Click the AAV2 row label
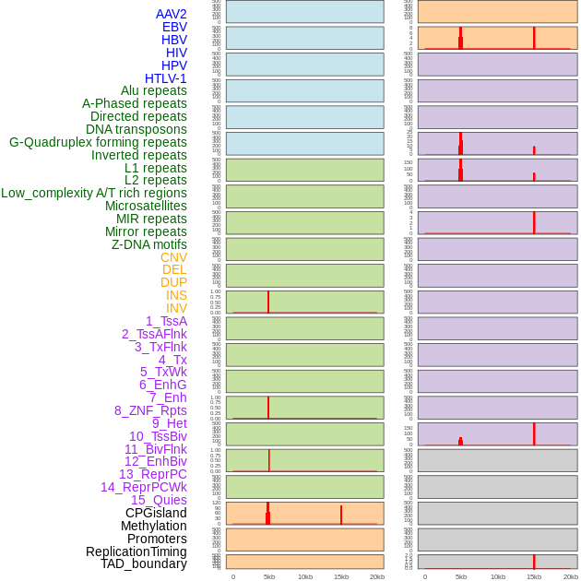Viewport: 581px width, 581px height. (x=171, y=14)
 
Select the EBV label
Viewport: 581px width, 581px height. (x=174, y=27)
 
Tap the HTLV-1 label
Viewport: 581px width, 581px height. (x=165, y=78)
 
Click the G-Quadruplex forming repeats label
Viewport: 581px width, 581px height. (x=98, y=142)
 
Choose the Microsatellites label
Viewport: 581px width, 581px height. (x=146, y=206)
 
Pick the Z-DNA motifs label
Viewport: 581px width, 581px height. (x=148, y=244)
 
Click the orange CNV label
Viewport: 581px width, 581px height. (x=173, y=257)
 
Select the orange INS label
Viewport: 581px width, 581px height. (x=176, y=295)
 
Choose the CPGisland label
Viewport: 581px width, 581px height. (x=156, y=513)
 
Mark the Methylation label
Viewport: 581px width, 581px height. (x=153, y=526)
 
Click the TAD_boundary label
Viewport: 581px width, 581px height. (x=143, y=563)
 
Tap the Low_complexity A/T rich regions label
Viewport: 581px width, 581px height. (x=93, y=193)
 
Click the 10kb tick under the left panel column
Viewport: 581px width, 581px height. (x=304, y=576)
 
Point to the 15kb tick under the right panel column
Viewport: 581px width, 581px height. (x=534, y=576)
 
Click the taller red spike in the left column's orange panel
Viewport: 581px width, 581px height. (x=268, y=512)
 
